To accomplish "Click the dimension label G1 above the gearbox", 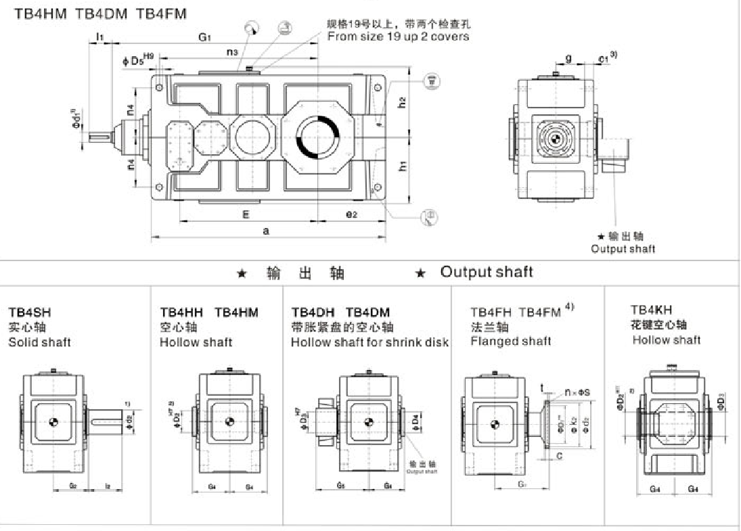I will click(x=204, y=37).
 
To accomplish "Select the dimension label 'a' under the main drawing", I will click(x=266, y=231).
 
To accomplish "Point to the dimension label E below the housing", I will click(x=246, y=214).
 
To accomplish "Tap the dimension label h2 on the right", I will click(x=401, y=103).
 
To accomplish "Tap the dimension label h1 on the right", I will click(x=401, y=166).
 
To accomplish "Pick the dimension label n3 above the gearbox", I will click(x=232, y=51).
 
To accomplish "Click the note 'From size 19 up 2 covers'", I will click(x=398, y=37).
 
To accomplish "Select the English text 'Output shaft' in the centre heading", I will click(x=487, y=272).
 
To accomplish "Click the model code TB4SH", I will click(x=29, y=313).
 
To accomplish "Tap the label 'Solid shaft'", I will click(x=39, y=342).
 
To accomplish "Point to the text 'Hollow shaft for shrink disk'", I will click(x=369, y=342).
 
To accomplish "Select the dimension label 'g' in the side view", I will click(x=569, y=59).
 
